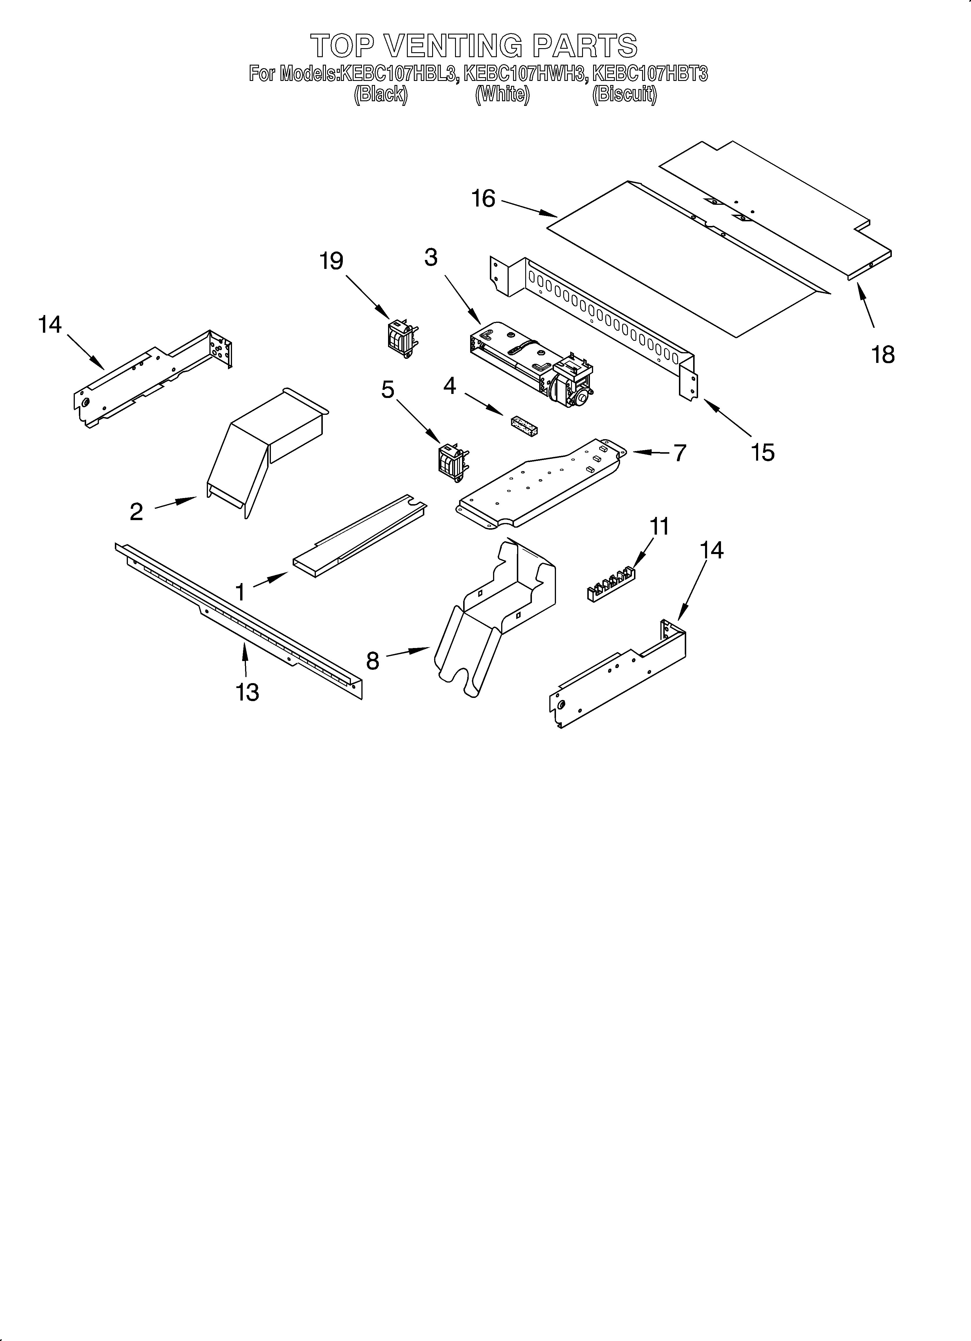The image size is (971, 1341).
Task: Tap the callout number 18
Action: pos(883,355)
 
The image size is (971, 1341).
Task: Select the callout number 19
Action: pos(332,261)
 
